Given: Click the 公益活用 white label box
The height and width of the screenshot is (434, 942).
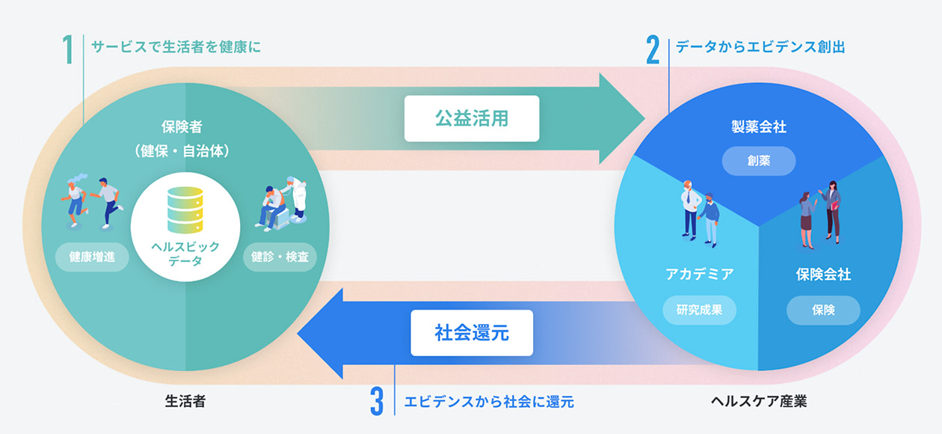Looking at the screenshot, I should (472, 118).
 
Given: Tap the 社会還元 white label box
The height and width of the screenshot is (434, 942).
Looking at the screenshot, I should (472, 333).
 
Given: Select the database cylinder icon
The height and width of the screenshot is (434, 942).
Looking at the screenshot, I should (185, 210).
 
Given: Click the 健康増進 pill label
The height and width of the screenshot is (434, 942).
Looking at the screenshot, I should (92, 257).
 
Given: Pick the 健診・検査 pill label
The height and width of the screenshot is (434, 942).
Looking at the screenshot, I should (280, 257).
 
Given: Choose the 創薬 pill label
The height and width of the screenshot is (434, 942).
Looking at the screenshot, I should (758, 161).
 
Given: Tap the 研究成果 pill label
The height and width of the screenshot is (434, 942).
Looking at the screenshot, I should (700, 310).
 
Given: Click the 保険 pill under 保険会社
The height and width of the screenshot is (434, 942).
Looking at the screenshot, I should (823, 310).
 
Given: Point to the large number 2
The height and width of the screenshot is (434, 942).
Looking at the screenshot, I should (653, 49).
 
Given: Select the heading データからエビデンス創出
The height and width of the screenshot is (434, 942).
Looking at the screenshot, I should (760, 46).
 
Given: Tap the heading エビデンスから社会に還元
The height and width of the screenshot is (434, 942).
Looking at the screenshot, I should (489, 402).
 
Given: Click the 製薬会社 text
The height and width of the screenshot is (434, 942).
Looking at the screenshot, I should (758, 127).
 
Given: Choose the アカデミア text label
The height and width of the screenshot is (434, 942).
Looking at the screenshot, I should (700, 275).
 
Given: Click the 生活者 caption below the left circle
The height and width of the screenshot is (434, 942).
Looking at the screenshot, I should (185, 402).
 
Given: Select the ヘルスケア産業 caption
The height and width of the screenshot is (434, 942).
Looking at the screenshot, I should (759, 402).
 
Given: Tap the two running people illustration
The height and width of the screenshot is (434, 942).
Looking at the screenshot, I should (91, 201).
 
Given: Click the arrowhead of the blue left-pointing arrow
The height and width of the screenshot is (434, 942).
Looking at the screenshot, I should (318, 333).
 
